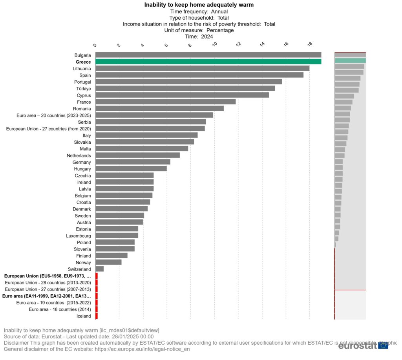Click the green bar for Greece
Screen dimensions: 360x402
point(208,62)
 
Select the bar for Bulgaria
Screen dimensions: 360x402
point(208,55)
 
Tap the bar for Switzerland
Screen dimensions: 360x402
point(99,269)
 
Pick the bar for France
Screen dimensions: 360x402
point(165,102)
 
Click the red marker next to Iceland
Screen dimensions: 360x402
point(97,316)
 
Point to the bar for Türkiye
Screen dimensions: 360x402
point(185,88)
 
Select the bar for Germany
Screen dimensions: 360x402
point(133,162)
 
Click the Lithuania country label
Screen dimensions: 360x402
point(82,68)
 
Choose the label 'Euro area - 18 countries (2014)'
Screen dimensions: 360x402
point(60,309)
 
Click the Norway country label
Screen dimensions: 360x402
point(83,262)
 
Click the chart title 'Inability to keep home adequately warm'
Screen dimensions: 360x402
point(199,5)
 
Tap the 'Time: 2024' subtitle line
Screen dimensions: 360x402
point(199,37)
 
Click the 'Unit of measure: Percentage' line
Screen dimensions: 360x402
point(199,30)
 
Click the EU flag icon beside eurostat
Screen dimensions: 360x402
point(383,345)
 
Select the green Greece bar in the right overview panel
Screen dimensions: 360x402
point(350,60)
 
